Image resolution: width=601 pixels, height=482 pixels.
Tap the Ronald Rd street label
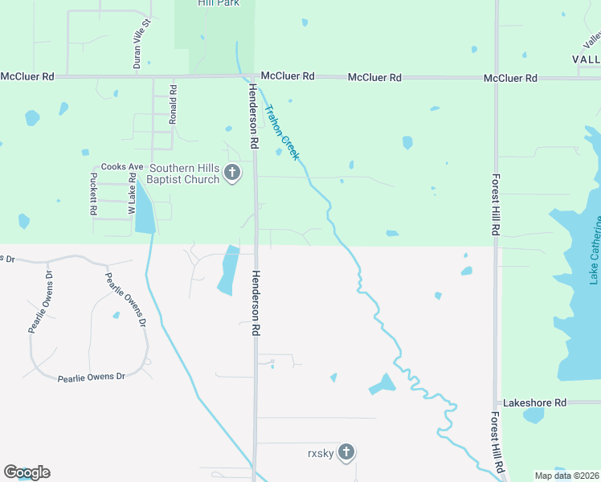[x=172, y=104]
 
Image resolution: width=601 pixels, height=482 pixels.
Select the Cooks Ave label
[x=121, y=167]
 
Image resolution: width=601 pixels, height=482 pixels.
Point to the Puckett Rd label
[x=94, y=194]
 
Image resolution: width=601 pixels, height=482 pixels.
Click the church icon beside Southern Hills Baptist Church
[x=232, y=173]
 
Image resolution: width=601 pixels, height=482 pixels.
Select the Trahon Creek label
[x=282, y=132]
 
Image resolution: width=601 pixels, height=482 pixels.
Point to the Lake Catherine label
[x=595, y=248]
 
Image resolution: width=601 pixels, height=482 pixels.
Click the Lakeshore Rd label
[x=534, y=402]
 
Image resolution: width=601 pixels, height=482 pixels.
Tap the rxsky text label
[x=320, y=453]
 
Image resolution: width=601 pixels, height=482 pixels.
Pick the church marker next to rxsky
[x=346, y=452]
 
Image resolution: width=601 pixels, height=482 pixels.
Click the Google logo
[x=27, y=472]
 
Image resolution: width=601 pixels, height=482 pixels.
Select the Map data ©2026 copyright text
[x=566, y=476]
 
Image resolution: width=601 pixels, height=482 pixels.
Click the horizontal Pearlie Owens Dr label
[x=92, y=377]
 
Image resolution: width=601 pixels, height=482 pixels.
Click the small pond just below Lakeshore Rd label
[x=534, y=416]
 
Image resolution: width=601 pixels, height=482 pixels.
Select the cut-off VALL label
[x=586, y=59]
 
